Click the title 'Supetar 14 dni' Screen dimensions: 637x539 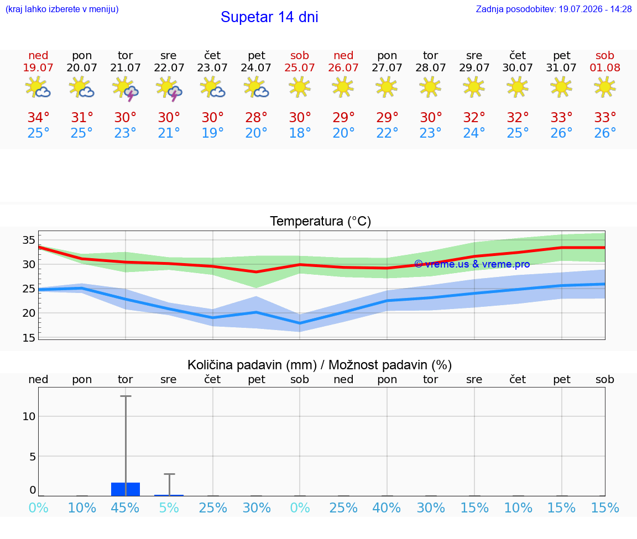tap(269, 17)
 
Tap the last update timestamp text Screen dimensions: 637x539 tap(554, 9)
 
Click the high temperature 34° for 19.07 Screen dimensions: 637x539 tap(38, 117)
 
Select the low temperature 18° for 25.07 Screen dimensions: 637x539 tap(300, 133)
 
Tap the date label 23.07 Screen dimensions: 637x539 tap(212, 67)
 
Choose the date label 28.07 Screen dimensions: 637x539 tap(431, 67)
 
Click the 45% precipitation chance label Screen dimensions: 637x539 tap(125, 507)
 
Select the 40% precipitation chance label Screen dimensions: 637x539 tap(387, 507)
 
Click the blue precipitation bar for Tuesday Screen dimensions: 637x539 tap(126, 489)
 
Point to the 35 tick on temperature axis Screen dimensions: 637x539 tap(29, 240)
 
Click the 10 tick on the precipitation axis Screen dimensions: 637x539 tap(29, 416)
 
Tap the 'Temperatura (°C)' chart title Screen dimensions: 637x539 tap(321, 221)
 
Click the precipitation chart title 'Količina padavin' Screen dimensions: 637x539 tap(252, 365)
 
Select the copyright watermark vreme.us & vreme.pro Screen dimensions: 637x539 tap(472, 264)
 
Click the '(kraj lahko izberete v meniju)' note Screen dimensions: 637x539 tap(62, 9)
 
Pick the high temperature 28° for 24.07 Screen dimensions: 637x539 tap(257, 117)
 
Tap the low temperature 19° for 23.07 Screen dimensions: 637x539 tap(212, 133)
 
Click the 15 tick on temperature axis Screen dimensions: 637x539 tap(29, 338)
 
